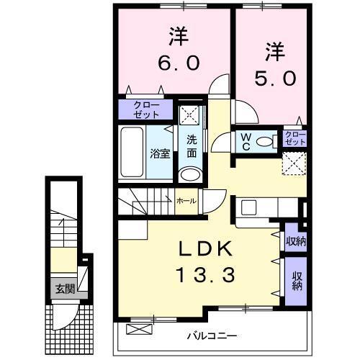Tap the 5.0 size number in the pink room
(274, 77)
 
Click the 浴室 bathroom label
(160, 153)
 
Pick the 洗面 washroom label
(192, 145)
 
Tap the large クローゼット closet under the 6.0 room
(147, 110)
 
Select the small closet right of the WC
(294, 137)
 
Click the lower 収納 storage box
(295, 279)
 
